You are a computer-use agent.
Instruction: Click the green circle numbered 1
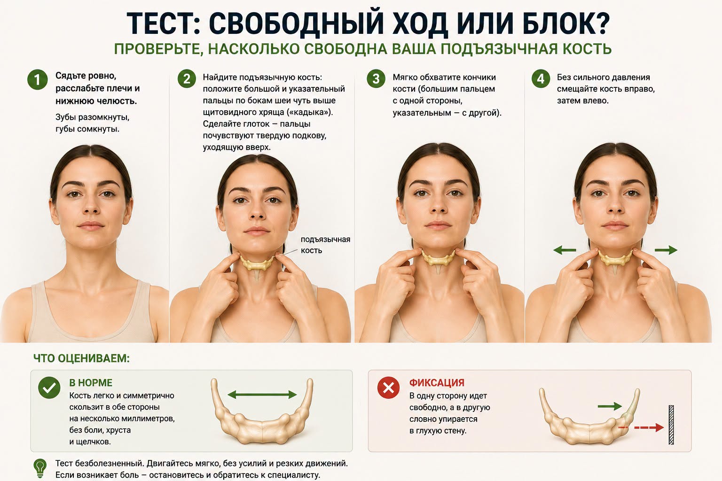tap(38, 79)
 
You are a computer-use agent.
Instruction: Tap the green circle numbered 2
tap(187, 78)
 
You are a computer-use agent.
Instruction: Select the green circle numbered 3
tap(376, 78)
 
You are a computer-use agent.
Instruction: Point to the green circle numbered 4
tap(541, 78)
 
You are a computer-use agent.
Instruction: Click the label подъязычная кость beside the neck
tap(325, 245)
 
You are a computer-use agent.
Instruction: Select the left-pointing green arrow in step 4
tap(565, 250)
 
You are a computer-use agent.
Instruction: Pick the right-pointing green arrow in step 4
tap(666, 250)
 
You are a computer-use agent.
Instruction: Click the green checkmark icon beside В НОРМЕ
tap(49, 388)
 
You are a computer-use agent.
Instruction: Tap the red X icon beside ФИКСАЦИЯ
tap(388, 388)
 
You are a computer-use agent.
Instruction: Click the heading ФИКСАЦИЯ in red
tap(437, 383)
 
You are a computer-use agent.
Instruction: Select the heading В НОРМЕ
tap(91, 383)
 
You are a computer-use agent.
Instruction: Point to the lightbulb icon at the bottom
tap(40, 468)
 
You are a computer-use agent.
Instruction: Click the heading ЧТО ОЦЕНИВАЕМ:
tap(81, 358)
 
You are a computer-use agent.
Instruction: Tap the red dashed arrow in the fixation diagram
tap(641, 427)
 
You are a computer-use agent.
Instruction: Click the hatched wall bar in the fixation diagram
tap(671, 425)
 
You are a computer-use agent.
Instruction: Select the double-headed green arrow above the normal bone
tap(262, 395)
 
